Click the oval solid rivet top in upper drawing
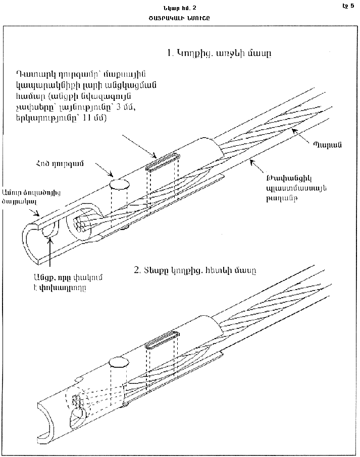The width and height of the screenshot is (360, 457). (x=119, y=183)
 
